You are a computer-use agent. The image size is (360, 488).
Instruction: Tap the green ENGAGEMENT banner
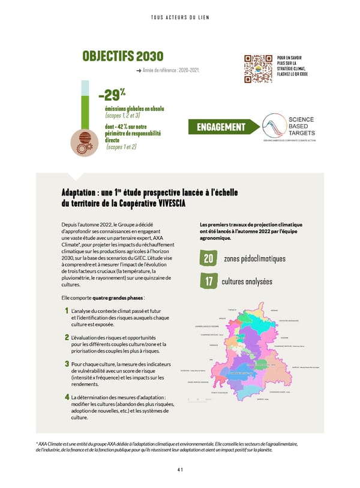(221, 127)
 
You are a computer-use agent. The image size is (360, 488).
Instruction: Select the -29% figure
(111, 95)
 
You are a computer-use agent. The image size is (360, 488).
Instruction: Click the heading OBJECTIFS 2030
(122, 56)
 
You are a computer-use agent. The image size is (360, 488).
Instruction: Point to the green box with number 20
(208, 259)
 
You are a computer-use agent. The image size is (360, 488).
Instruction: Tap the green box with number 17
(208, 282)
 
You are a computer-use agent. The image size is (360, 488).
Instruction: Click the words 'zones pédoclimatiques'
(254, 259)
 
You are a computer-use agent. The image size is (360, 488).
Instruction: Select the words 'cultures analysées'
(247, 282)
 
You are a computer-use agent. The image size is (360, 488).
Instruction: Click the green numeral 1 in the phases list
(66, 311)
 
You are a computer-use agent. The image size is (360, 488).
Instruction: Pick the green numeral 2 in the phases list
(66, 338)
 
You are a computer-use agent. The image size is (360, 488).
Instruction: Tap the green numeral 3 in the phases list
(66, 364)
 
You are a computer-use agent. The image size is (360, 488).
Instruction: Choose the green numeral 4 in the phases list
(66, 397)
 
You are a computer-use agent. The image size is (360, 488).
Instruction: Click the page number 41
(179, 471)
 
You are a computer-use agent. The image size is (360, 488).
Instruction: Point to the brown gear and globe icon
(82, 143)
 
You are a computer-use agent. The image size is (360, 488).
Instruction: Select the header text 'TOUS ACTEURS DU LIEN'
(179, 17)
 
